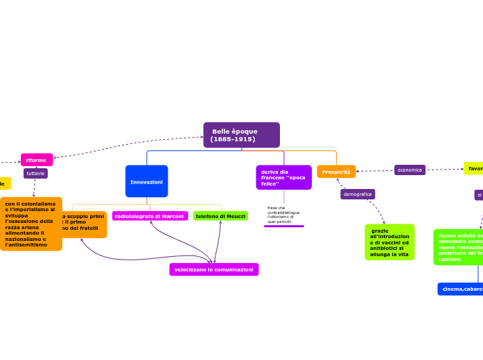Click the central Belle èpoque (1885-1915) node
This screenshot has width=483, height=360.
pos(241,135)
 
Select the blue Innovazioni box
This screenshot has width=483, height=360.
pos(146,181)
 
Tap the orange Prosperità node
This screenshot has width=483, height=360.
pos(336,172)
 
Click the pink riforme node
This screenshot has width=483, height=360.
pos(37,160)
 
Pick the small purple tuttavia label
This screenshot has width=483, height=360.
pos(35,174)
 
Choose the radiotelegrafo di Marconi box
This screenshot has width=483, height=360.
pos(150,217)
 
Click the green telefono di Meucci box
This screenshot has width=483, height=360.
pos(220,217)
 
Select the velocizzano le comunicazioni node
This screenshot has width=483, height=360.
pos(213,269)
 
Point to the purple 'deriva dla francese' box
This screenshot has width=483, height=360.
pos(283,177)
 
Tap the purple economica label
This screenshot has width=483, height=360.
pos(410,170)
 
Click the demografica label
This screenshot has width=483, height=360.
pos(358,195)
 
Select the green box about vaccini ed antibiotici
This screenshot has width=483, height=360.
pos(389,242)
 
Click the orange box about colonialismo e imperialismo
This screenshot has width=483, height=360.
pos(30,224)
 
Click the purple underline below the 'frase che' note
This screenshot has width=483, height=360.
pos(284,226)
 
